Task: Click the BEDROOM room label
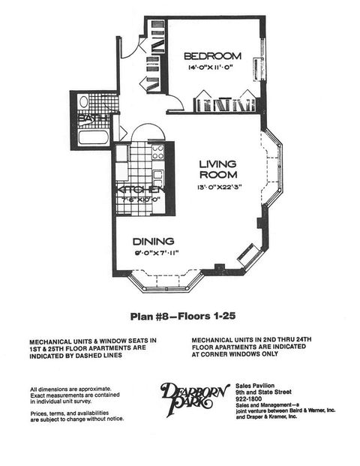pyautogui.click(x=213, y=56)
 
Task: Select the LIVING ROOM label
pyautogui.click(x=218, y=170)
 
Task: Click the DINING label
pyautogui.click(x=154, y=242)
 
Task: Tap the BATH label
pyautogui.click(x=94, y=119)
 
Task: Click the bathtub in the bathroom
pyautogui.click(x=93, y=138)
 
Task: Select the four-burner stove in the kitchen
pyautogui.click(x=158, y=152)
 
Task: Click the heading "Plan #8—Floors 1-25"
pyautogui.click(x=179, y=316)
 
